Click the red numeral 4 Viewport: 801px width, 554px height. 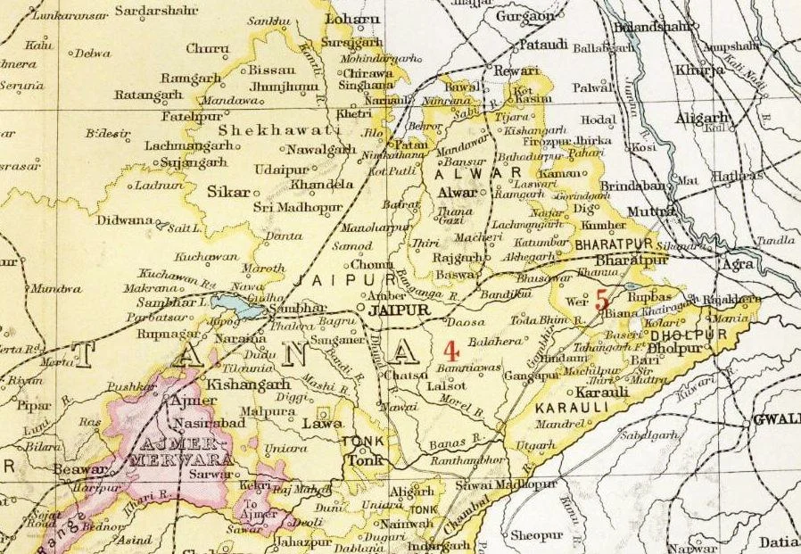coord(451,349)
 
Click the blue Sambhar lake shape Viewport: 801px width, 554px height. coord(247,310)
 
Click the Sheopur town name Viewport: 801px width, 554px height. coord(532,536)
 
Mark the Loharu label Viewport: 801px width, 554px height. coord(353,18)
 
